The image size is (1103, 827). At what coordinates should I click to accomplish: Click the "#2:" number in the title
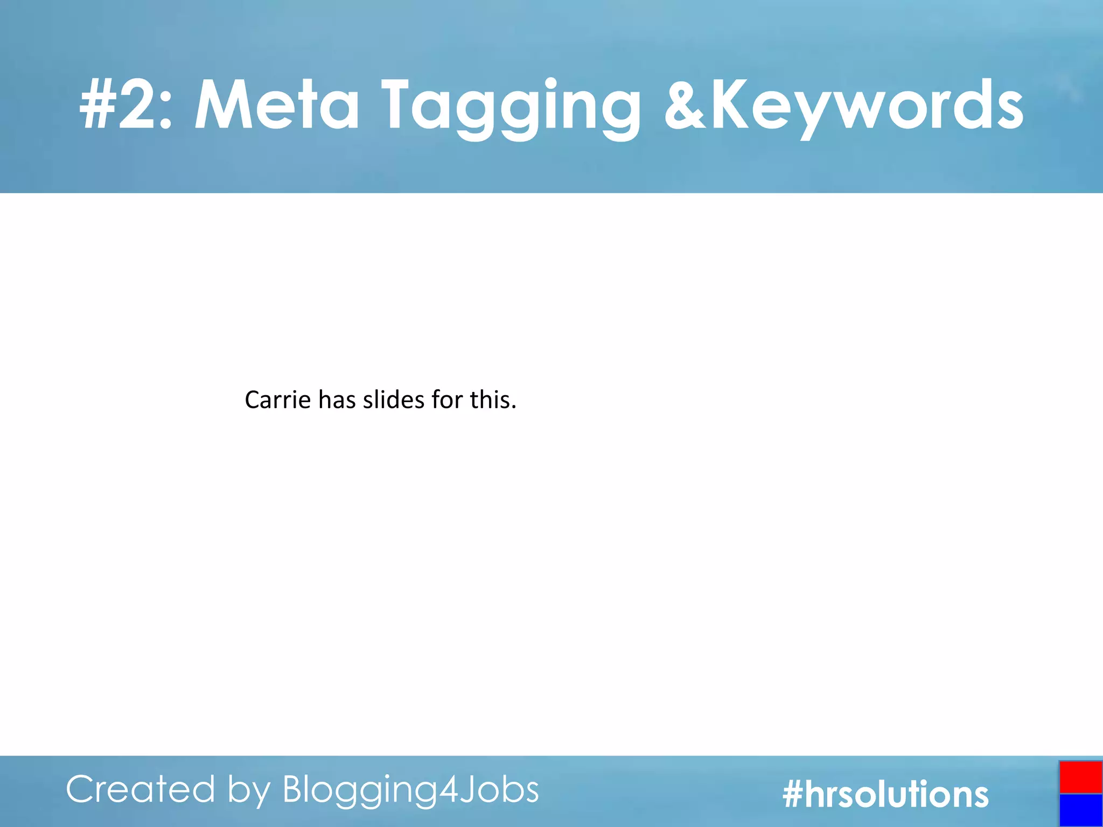125,105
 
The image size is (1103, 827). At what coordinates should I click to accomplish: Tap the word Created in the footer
141,790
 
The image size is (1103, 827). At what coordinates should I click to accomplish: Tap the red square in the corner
1080,777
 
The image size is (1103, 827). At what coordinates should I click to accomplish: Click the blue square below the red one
1080,810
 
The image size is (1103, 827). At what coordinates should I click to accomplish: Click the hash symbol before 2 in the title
97,105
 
